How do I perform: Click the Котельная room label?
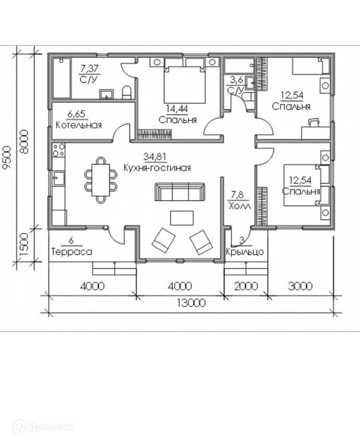coord(78,125)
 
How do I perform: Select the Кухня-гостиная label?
coord(156,168)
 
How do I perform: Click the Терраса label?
coord(71,252)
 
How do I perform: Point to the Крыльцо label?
coord(244,252)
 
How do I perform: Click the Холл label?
coord(240,205)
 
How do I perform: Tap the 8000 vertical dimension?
coord(24,142)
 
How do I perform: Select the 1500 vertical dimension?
coord(24,245)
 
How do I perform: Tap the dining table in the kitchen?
coord(101,180)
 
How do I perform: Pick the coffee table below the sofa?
coord(182,218)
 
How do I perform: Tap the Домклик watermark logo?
coord(43,427)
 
